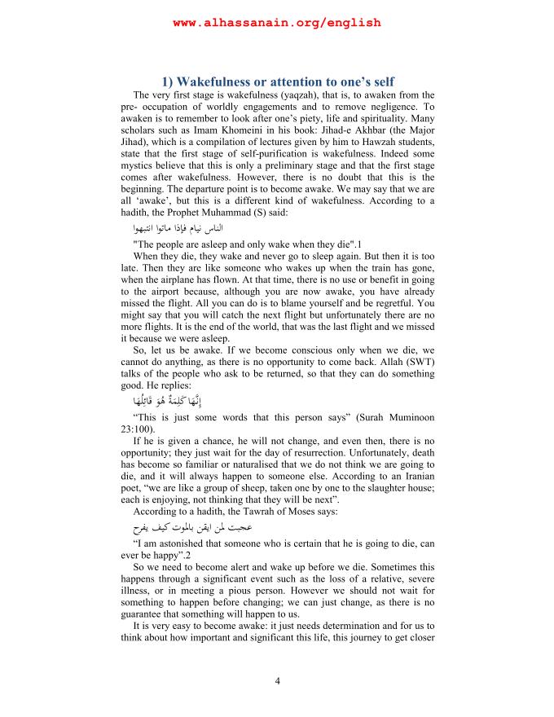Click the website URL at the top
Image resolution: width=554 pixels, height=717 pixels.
click(x=277, y=23)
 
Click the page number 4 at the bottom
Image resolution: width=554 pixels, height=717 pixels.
click(x=277, y=681)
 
